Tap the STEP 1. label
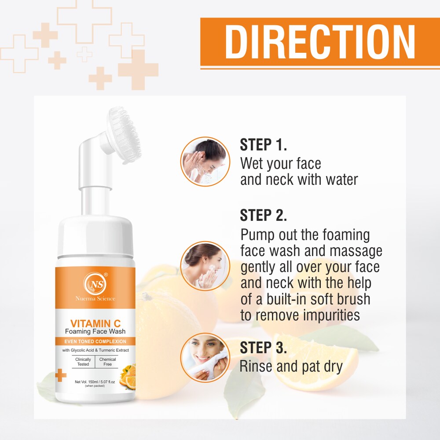tap(263, 145)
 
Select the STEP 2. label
tap(264, 215)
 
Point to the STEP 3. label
tap(264, 347)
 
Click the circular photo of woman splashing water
tap(205, 161)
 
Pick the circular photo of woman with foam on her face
tap(205, 265)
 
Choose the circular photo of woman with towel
tap(205, 357)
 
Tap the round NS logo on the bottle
tap(95, 282)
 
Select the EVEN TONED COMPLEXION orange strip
tap(95, 341)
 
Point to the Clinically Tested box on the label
tap(83, 362)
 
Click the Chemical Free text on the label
tap(107, 362)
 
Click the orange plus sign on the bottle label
tap(61, 376)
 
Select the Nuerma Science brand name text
tap(95, 299)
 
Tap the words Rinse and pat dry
tap(291, 367)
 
